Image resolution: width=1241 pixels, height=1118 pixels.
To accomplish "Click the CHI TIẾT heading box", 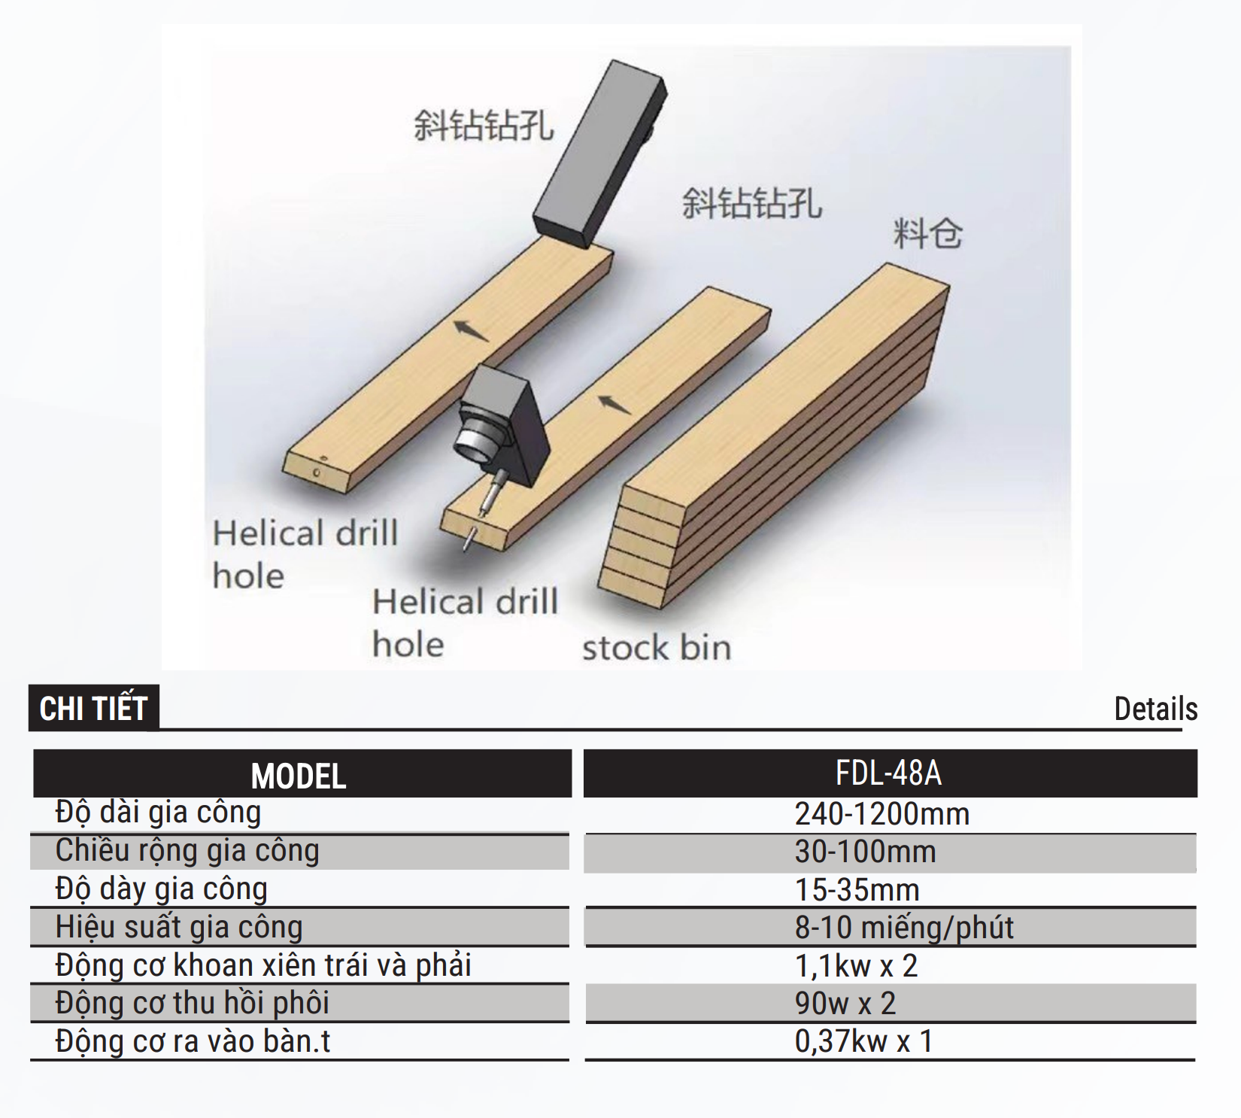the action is pos(93,707).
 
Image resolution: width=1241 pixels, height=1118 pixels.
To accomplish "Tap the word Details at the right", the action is pos(1155,709).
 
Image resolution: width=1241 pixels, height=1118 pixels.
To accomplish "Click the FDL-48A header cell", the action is pos(890,773).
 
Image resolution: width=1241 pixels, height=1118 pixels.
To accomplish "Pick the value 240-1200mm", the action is pos(882,814).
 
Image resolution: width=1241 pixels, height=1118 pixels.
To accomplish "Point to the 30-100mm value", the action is pos(866,852).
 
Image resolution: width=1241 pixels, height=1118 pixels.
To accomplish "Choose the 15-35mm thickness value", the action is pos(857,890).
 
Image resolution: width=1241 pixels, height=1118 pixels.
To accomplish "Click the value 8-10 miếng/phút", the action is pos(904,928).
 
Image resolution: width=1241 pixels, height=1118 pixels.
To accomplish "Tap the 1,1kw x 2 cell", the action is pos(857,966).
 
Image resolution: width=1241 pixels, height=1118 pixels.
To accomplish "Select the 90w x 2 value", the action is pos(845,1004).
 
